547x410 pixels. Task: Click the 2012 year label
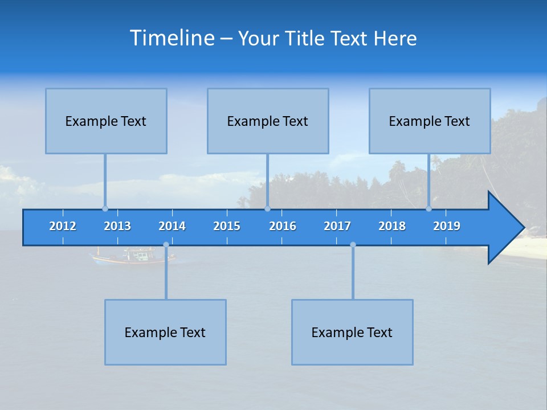pos(63,226)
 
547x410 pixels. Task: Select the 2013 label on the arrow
pos(117,226)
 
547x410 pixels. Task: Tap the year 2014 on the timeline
pos(172,226)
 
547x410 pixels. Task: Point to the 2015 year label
pos(227,226)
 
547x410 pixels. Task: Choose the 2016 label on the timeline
pos(283,226)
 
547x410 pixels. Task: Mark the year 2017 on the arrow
pos(337,226)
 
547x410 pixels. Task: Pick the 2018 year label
pos(392,226)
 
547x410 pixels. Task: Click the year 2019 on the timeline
pos(447,226)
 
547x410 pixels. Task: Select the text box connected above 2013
pos(106,121)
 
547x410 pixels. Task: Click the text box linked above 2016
pos(268,121)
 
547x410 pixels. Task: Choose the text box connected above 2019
pos(430,121)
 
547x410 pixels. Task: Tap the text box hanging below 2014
pos(165,332)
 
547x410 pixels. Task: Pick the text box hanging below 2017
pos(352,332)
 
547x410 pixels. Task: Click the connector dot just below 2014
pos(166,245)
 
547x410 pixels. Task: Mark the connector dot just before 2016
pos(267,208)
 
